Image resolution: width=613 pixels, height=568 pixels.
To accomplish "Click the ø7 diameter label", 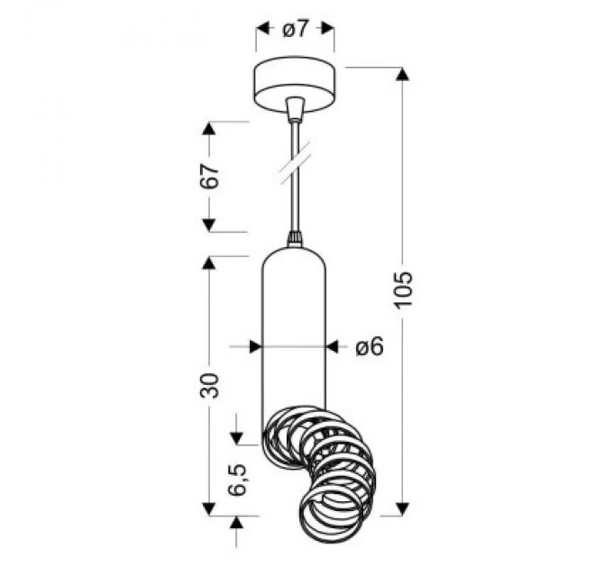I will (296, 29).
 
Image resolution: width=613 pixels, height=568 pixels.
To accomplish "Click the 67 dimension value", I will (209, 176).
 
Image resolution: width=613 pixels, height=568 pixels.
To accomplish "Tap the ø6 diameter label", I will (370, 346).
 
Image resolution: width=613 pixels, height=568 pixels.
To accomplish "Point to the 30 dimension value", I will (209, 386).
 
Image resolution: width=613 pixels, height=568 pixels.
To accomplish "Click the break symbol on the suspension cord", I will (295, 162).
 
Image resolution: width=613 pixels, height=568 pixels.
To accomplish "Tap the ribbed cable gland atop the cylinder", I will (294, 239).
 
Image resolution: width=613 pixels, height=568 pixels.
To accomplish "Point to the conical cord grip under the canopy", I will (294, 111).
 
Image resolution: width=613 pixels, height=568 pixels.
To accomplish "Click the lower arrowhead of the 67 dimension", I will (209, 224).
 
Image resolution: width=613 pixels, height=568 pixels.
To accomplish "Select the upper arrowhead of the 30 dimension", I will (209, 263).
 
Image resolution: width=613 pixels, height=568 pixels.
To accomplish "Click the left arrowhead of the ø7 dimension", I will (262, 29).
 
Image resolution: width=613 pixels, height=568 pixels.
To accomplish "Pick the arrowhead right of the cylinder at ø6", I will (332, 345).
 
